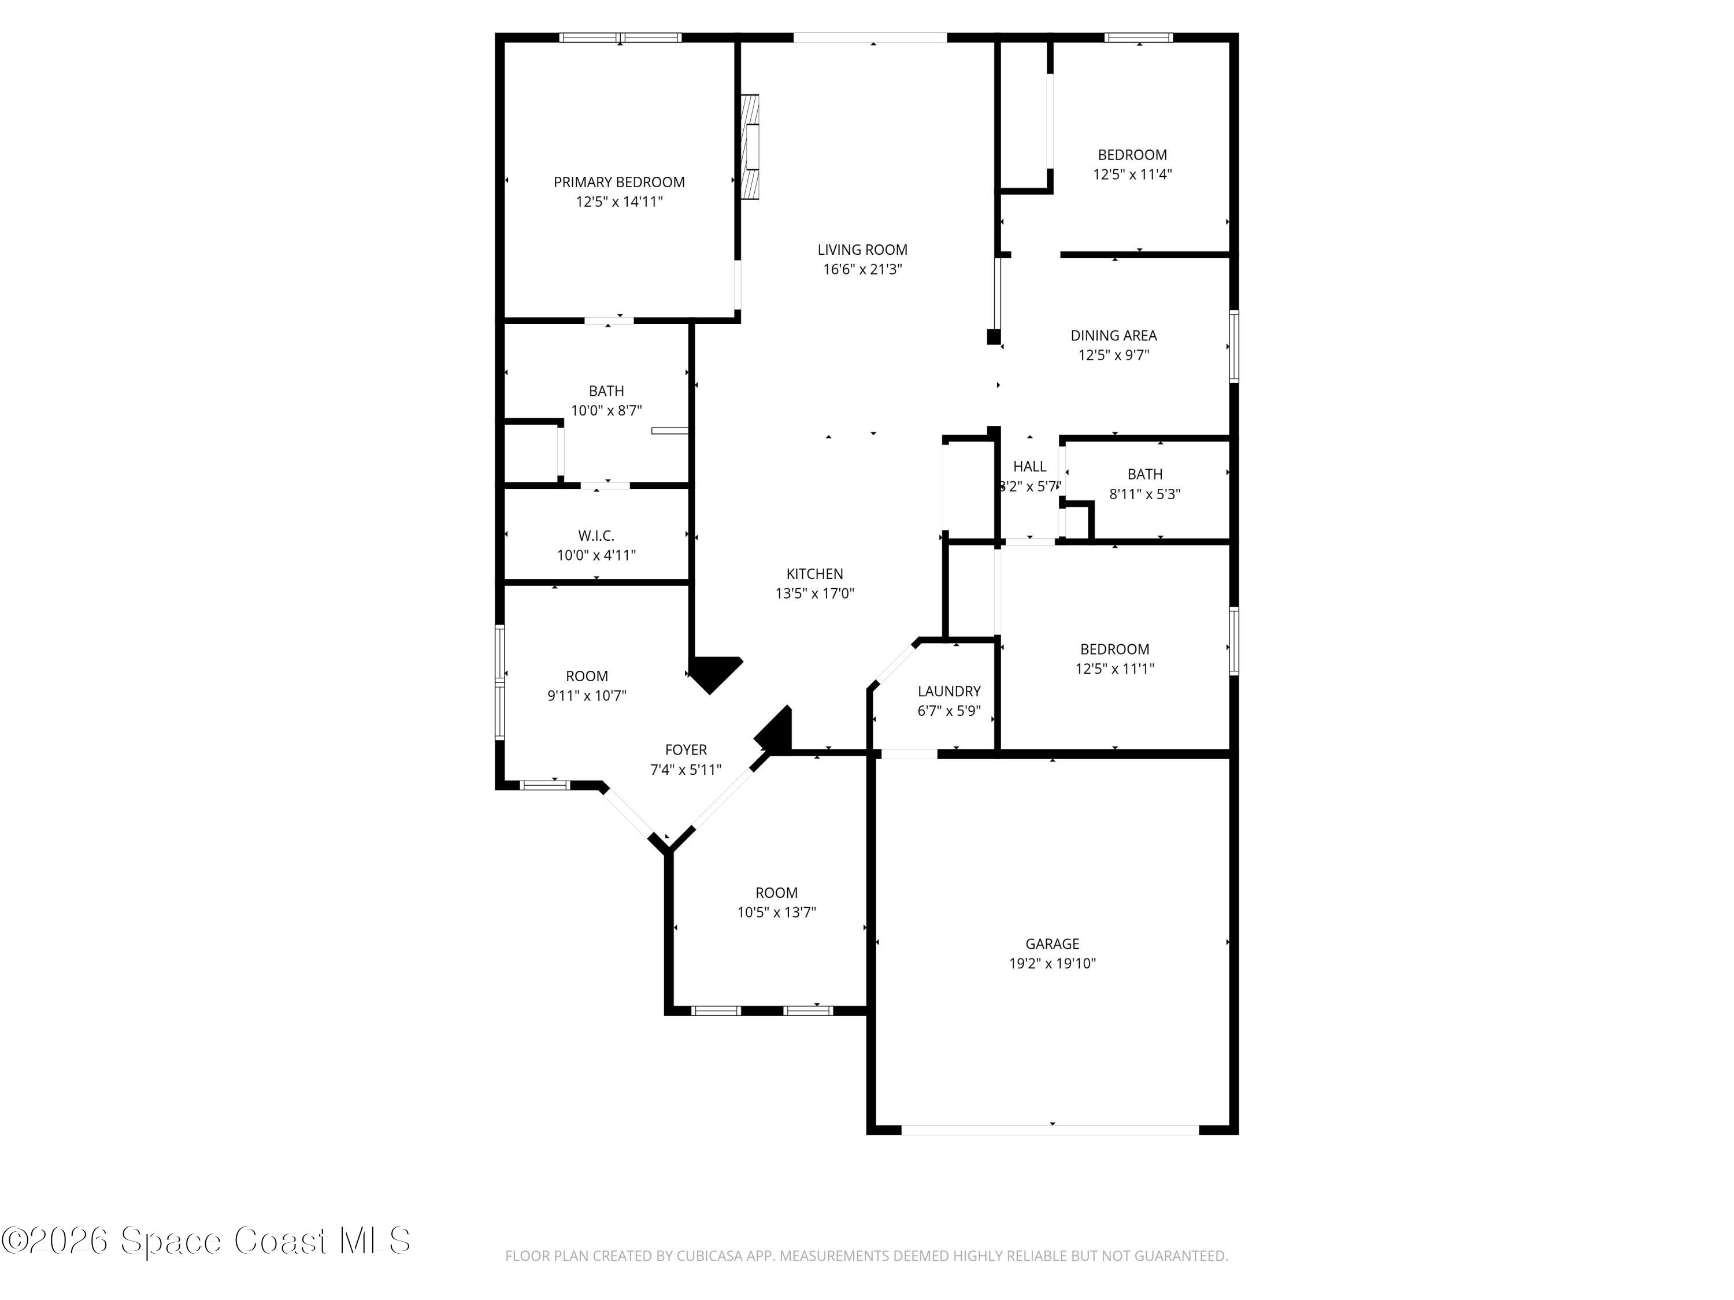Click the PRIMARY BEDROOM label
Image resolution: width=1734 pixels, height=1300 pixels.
618,182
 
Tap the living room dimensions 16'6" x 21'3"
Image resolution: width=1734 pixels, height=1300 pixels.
862,270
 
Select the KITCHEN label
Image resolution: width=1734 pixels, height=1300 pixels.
814,574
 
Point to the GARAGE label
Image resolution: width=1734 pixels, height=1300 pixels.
1052,944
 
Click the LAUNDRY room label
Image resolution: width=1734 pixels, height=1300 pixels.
948,691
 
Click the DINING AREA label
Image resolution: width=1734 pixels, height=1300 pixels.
1113,335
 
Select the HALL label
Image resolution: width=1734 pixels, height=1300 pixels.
1029,466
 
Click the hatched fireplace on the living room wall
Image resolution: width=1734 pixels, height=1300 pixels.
750,147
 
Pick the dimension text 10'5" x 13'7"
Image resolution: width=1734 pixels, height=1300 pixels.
776,912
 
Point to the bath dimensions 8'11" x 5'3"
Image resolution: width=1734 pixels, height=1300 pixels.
1144,493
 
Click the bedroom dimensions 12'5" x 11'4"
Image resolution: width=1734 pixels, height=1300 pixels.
1132,174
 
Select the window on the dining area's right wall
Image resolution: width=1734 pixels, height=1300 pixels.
1233,346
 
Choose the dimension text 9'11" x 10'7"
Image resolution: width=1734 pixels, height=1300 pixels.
586,695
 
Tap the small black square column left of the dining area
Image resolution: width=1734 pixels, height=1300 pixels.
993,337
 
